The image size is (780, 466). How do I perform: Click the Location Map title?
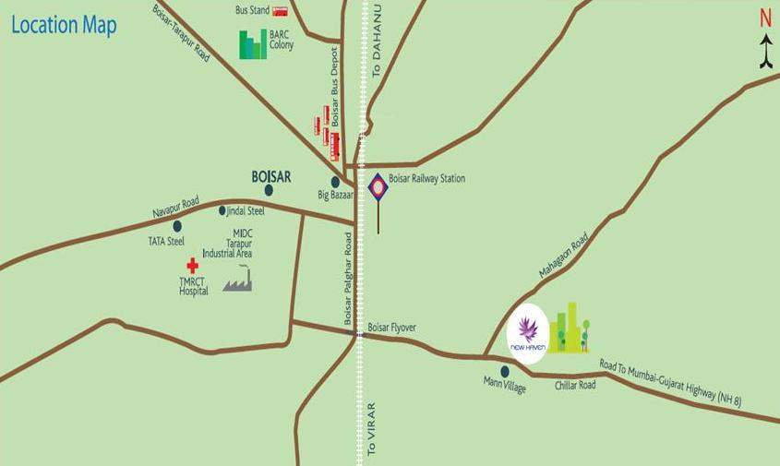(64, 25)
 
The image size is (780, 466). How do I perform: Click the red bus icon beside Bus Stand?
(281, 11)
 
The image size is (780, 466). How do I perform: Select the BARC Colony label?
(281, 40)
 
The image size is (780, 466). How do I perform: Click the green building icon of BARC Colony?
(252, 44)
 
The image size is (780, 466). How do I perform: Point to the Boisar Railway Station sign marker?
(378, 187)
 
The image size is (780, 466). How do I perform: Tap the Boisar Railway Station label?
(426, 179)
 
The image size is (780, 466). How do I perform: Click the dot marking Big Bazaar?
(336, 183)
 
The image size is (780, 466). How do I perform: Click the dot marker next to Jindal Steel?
(222, 210)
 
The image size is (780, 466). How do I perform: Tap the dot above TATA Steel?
(177, 225)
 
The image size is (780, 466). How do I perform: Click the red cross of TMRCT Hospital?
(192, 266)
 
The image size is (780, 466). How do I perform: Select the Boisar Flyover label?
(392, 328)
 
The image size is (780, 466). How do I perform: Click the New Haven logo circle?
(528, 333)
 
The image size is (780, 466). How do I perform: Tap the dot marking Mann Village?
(504, 371)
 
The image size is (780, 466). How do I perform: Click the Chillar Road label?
(575, 385)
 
